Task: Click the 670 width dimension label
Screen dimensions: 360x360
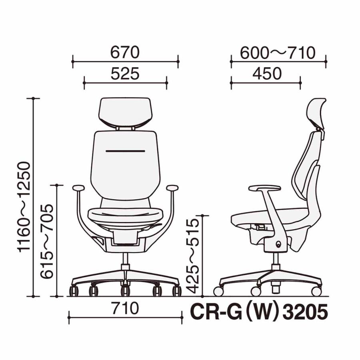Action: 125,52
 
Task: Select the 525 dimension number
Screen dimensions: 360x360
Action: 125,74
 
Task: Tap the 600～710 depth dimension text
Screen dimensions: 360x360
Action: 278,53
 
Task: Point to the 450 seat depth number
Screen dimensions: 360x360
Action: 267,74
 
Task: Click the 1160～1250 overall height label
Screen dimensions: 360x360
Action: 24,207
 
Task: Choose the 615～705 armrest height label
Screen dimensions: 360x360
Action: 47,241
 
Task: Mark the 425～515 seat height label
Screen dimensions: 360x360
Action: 193,256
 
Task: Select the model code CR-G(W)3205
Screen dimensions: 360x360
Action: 259,312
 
